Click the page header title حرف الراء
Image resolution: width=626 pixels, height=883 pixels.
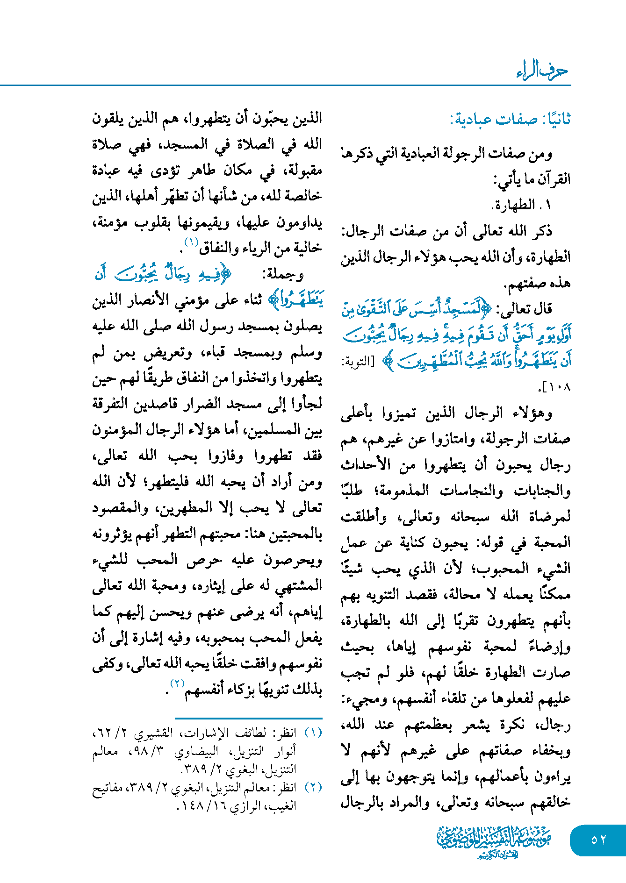pyautogui.click(x=542, y=71)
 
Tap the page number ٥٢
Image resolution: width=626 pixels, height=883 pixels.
pyautogui.click(x=598, y=840)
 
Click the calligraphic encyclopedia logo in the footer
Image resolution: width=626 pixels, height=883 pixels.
pyautogui.click(x=494, y=841)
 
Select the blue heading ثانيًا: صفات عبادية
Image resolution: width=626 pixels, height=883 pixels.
pyautogui.click(x=510, y=120)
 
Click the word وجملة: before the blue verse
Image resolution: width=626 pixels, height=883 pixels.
pyautogui.click(x=283, y=274)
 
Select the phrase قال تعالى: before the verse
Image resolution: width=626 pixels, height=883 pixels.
pyautogui.click(x=524, y=308)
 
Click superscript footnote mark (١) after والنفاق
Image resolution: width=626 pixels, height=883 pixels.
pyautogui.click(x=191, y=242)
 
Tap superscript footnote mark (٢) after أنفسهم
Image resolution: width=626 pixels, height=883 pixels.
pyautogui.click(x=177, y=683)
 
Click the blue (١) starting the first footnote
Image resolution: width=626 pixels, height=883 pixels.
pyautogui.click(x=313, y=733)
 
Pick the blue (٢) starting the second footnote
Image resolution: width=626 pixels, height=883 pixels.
pyautogui.click(x=313, y=787)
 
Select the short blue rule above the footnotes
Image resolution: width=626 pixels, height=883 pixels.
pyautogui.click(x=248, y=718)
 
